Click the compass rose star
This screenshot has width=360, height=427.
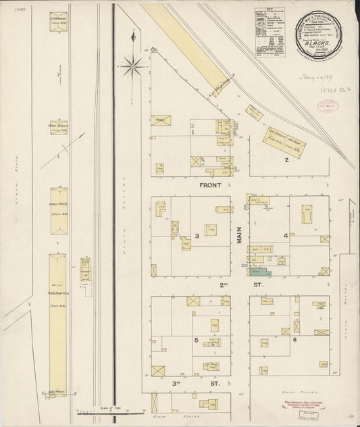click(x=132, y=65)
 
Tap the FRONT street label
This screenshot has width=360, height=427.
click(x=212, y=184)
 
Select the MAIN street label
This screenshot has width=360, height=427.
click(x=239, y=234)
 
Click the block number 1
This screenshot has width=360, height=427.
click(x=193, y=132)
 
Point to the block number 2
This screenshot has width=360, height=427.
click(x=286, y=160)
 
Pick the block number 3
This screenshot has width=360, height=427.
click(x=197, y=236)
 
